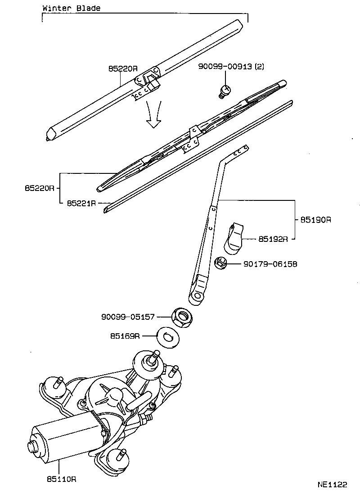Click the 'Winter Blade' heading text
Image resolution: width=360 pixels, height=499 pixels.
click(71, 8)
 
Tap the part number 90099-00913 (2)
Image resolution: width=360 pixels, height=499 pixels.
click(231, 67)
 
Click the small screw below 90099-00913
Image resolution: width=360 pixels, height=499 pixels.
click(225, 91)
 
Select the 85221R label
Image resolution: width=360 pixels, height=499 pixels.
click(81, 204)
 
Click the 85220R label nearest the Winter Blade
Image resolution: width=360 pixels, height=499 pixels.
click(122, 69)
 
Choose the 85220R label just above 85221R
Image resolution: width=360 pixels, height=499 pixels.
click(40, 187)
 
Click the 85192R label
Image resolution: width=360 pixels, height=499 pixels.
click(273, 239)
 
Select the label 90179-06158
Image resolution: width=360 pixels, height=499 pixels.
click(270, 263)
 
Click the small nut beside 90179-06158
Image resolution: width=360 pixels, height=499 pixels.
click(220, 262)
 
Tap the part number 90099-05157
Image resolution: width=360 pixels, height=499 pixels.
click(128, 317)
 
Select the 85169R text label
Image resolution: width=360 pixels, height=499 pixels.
click(125, 336)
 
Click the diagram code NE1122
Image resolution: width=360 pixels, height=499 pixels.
click(332, 485)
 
